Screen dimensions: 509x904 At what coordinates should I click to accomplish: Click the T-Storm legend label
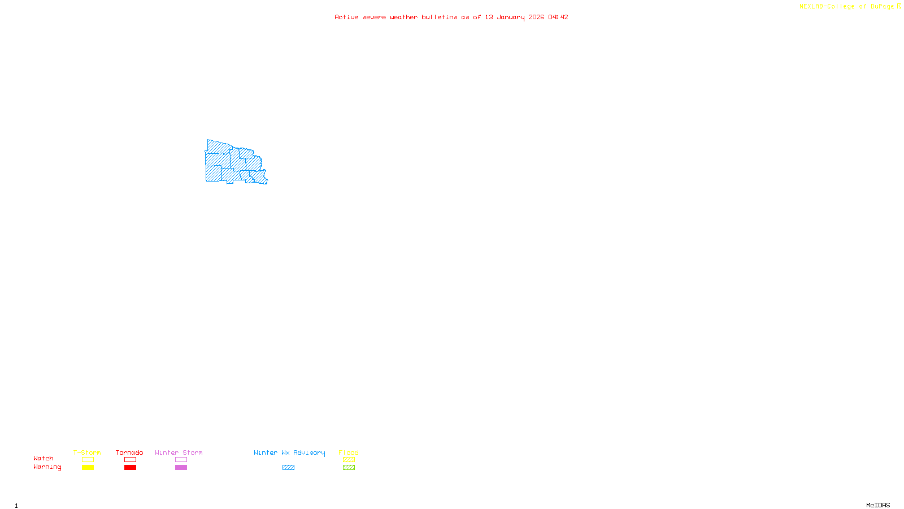(x=87, y=452)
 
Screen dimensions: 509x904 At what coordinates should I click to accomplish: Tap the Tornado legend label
(x=129, y=452)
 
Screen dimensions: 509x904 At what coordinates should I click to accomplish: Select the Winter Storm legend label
(x=179, y=452)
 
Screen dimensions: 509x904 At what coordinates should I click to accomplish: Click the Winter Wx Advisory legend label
(x=289, y=452)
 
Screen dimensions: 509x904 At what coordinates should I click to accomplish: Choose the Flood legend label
(x=349, y=452)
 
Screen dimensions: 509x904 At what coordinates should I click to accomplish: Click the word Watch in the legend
(x=44, y=458)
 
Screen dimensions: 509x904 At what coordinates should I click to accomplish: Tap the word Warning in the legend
(x=47, y=467)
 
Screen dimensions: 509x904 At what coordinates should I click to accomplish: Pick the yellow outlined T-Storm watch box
(x=88, y=460)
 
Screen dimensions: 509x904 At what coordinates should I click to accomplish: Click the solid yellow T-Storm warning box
(x=88, y=468)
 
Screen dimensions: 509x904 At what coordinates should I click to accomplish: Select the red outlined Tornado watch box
(x=130, y=460)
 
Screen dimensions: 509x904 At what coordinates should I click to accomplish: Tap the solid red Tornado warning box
(x=130, y=468)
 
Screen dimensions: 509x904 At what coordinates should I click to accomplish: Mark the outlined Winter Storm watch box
(x=181, y=460)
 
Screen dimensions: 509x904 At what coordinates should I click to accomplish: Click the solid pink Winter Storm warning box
(x=181, y=468)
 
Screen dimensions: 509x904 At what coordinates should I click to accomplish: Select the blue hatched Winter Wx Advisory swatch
(x=288, y=468)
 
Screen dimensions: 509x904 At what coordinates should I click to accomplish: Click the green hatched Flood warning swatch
(x=349, y=468)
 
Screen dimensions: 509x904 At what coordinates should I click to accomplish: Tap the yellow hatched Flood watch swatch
(x=349, y=460)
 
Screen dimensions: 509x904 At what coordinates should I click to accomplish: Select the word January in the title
(x=511, y=17)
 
